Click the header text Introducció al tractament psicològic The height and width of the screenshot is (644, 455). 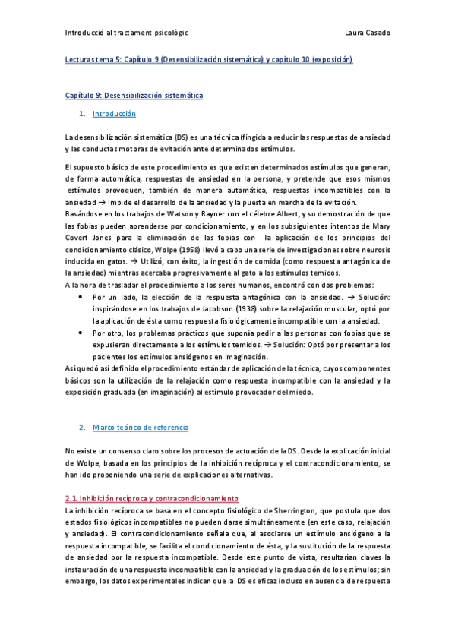[x=127, y=33]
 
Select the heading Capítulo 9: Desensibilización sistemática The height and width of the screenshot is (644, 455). [x=134, y=96]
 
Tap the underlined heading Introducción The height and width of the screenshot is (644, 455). [x=114, y=114]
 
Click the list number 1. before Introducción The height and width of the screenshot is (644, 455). [x=82, y=114]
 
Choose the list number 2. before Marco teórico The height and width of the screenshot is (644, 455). [x=82, y=428]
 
